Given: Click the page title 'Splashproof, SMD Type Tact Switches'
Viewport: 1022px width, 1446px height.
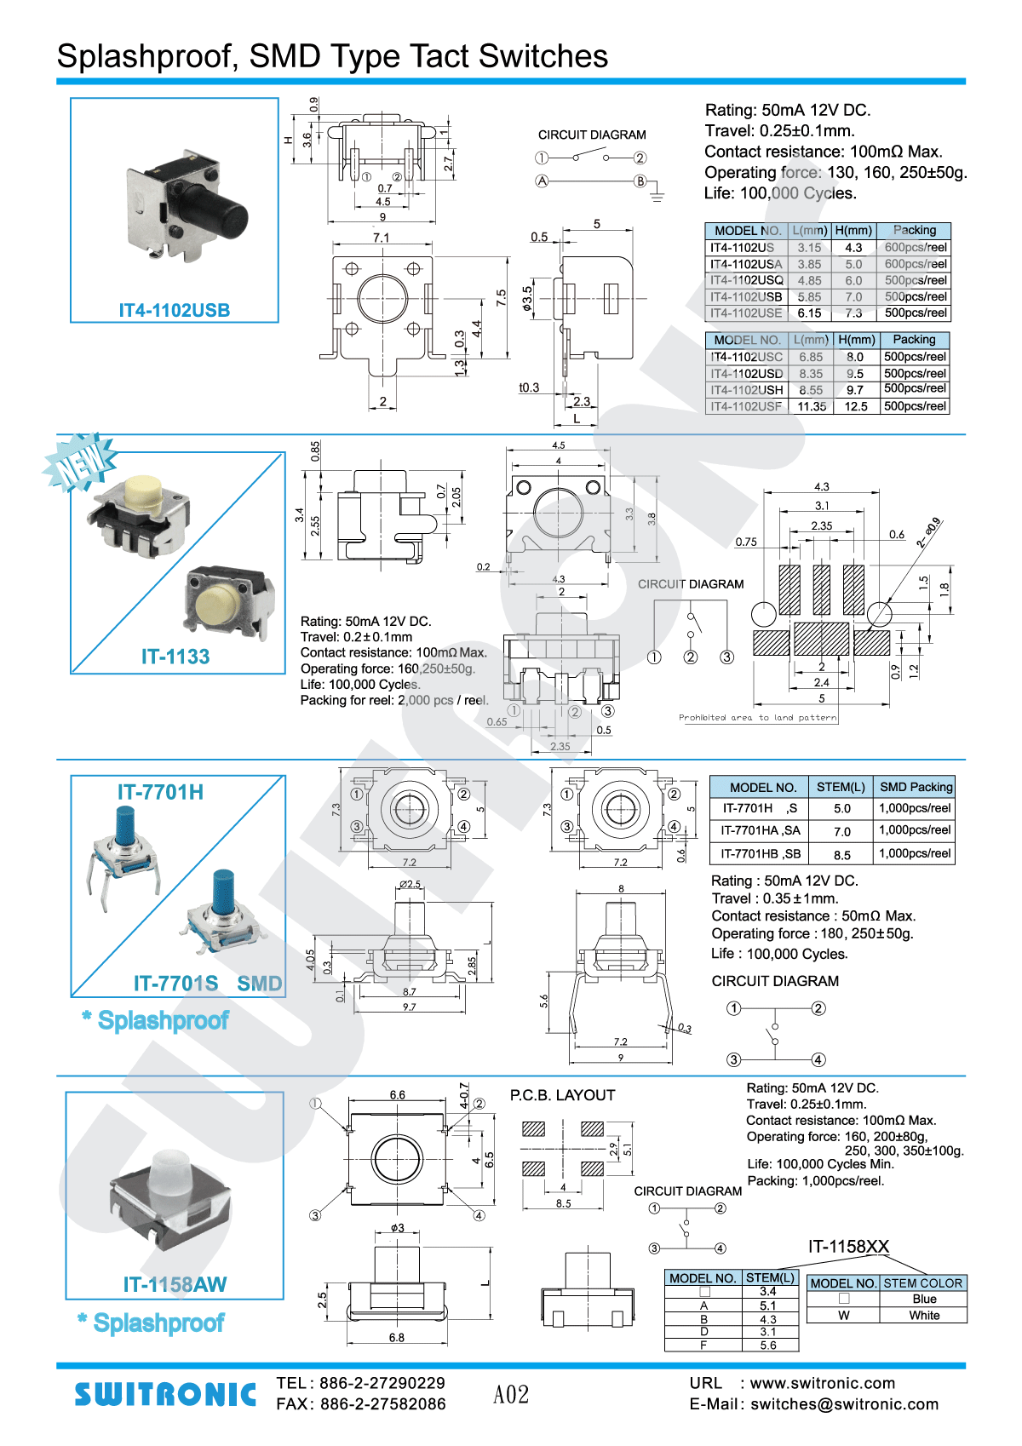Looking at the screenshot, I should click(x=332, y=56).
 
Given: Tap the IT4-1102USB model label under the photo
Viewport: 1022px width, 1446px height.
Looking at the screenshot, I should click(x=175, y=310).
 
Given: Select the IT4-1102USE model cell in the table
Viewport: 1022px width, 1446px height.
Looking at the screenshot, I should click(x=746, y=313).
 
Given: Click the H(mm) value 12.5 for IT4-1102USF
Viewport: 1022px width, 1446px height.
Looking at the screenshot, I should click(x=856, y=406).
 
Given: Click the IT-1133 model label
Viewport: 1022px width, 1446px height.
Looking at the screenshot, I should click(x=175, y=657).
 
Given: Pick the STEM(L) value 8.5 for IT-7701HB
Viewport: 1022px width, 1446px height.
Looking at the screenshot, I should click(x=841, y=854).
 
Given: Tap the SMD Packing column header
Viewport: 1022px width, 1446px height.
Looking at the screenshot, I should click(x=916, y=787).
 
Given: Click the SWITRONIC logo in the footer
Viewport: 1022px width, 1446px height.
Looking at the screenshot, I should click(x=165, y=1394).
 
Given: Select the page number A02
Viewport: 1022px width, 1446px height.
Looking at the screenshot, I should click(x=511, y=1394).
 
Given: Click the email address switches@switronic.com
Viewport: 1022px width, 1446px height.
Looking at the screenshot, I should click(x=844, y=1404).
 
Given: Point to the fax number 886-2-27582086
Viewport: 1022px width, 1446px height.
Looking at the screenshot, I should click(x=382, y=1404).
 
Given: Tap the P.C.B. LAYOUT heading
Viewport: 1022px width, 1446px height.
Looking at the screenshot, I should click(x=562, y=1095).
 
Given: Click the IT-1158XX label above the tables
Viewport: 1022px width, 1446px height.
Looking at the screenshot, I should click(x=848, y=1247).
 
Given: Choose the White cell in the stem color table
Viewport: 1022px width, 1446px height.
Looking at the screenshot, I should click(x=924, y=1315).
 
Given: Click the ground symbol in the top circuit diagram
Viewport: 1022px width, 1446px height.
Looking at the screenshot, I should click(x=657, y=196).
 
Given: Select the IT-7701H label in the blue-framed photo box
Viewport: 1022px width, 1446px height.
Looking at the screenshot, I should click(x=160, y=792).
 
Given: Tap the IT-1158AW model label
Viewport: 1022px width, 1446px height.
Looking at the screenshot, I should click(x=175, y=1284).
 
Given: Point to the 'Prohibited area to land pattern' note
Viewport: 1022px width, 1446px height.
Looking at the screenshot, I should click(x=757, y=717).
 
